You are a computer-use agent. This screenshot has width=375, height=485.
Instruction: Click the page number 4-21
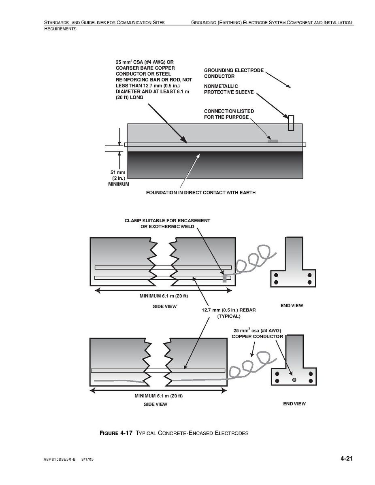pyautogui.click(x=346, y=459)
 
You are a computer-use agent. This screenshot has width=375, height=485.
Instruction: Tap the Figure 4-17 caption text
pyautogui.click(x=174, y=433)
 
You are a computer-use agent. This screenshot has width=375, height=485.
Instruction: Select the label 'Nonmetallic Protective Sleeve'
pyautogui.click(x=229, y=89)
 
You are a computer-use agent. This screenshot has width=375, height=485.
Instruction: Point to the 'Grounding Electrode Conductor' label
pyautogui.click(x=234, y=73)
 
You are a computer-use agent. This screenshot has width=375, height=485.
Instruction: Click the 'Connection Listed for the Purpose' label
pyautogui.click(x=229, y=114)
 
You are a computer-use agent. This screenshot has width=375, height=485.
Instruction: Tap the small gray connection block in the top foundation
pyautogui.click(x=273, y=141)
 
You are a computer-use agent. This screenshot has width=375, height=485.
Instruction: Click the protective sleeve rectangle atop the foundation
pyautogui.click(x=291, y=123)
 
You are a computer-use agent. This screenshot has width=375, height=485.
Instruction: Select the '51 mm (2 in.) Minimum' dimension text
pyautogui.click(x=118, y=179)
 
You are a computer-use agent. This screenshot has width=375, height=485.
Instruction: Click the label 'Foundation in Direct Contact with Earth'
pyautogui.click(x=200, y=193)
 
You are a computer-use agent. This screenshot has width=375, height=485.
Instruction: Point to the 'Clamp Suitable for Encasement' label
pyautogui.click(x=167, y=223)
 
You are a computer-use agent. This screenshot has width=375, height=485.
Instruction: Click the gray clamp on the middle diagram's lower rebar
pyautogui.click(x=224, y=278)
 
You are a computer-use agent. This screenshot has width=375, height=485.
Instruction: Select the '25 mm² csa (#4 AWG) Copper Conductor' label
pyautogui.click(x=257, y=334)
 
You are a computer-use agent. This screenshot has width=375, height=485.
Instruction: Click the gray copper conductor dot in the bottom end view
pyautogui.click(x=294, y=380)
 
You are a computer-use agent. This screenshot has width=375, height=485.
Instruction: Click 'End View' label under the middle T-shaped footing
pyautogui.click(x=292, y=306)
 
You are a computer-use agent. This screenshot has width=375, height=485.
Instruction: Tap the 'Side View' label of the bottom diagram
pyautogui.click(x=156, y=404)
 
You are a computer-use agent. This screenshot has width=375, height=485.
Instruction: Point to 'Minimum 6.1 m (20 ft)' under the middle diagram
pyautogui.click(x=164, y=296)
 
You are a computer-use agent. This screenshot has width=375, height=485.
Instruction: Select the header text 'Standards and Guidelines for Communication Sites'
pyautogui.click(x=104, y=23)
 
